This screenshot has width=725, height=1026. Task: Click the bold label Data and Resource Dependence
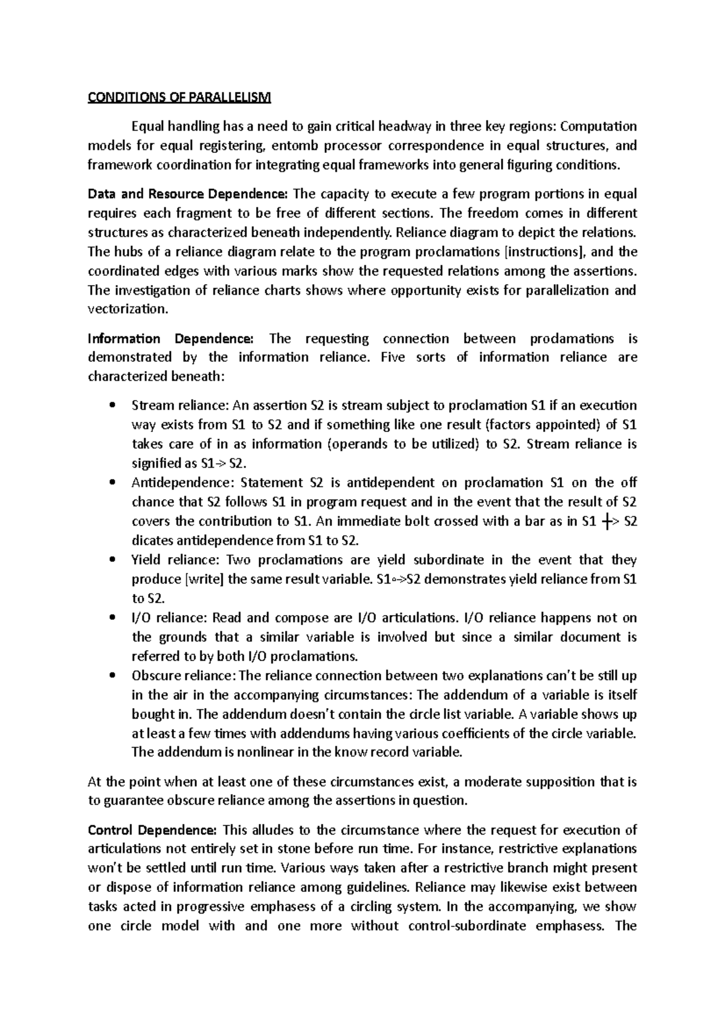click(x=188, y=194)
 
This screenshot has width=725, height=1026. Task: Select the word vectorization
click(x=125, y=309)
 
